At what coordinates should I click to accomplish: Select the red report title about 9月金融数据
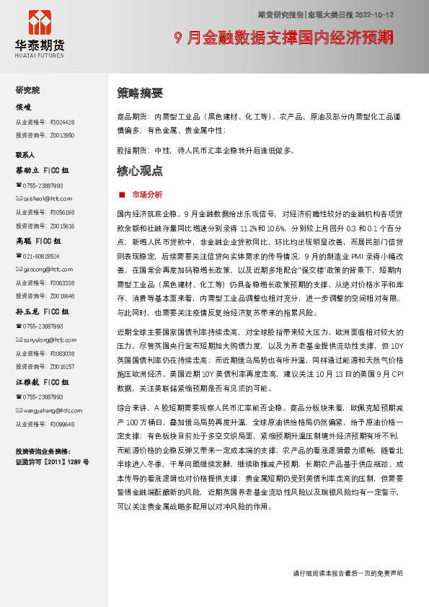(x=285, y=37)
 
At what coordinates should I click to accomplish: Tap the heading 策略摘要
(x=140, y=94)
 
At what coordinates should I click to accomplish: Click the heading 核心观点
(x=140, y=172)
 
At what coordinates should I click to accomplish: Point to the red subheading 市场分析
(x=147, y=195)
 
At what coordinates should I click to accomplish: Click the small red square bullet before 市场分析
(x=122, y=195)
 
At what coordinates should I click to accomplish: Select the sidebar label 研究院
(x=28, y=90)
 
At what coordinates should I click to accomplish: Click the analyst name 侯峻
(x=24, y=107)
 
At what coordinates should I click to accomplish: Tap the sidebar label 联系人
(x=26, y=155)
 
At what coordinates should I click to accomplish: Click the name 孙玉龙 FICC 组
(x=43, y=312)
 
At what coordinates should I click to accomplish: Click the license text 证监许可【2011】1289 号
(x=53, y=461)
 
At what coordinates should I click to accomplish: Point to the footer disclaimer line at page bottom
(x=348, y=572)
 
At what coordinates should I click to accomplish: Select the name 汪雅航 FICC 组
(x=43, y=383)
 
